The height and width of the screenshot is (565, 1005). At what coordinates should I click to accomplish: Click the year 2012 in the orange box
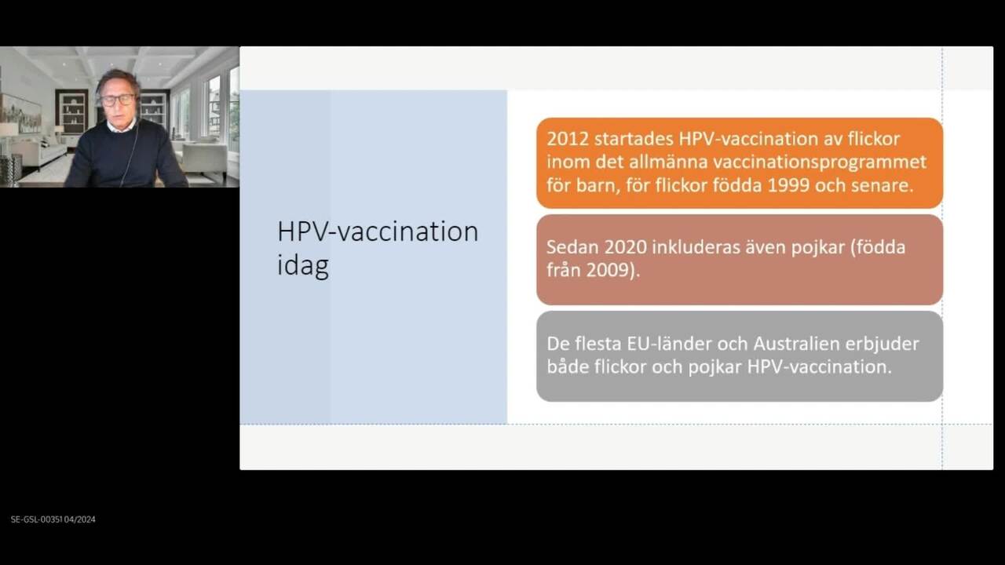[x=567, y=139]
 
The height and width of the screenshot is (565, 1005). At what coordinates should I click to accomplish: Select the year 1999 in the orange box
[x=788, y=185]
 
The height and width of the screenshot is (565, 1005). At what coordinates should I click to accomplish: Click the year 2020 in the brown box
[x=626, y=247]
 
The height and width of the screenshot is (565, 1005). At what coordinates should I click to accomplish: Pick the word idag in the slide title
[x=303, y=265]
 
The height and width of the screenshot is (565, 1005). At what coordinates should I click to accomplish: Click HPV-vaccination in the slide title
[x=378, y=231]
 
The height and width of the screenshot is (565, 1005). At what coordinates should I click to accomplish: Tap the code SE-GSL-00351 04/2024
[x=53, y=519]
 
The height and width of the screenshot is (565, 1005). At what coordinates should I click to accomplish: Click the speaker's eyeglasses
[x=117, y=100]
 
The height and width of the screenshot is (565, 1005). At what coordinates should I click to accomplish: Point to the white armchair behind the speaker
[x=204, y=161]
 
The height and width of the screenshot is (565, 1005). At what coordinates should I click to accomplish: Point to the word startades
[x=634, y=139]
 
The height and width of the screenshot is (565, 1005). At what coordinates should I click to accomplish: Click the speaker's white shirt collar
[x=120, y=126]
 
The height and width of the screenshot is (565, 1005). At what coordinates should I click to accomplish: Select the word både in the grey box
[x=568, y=366]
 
